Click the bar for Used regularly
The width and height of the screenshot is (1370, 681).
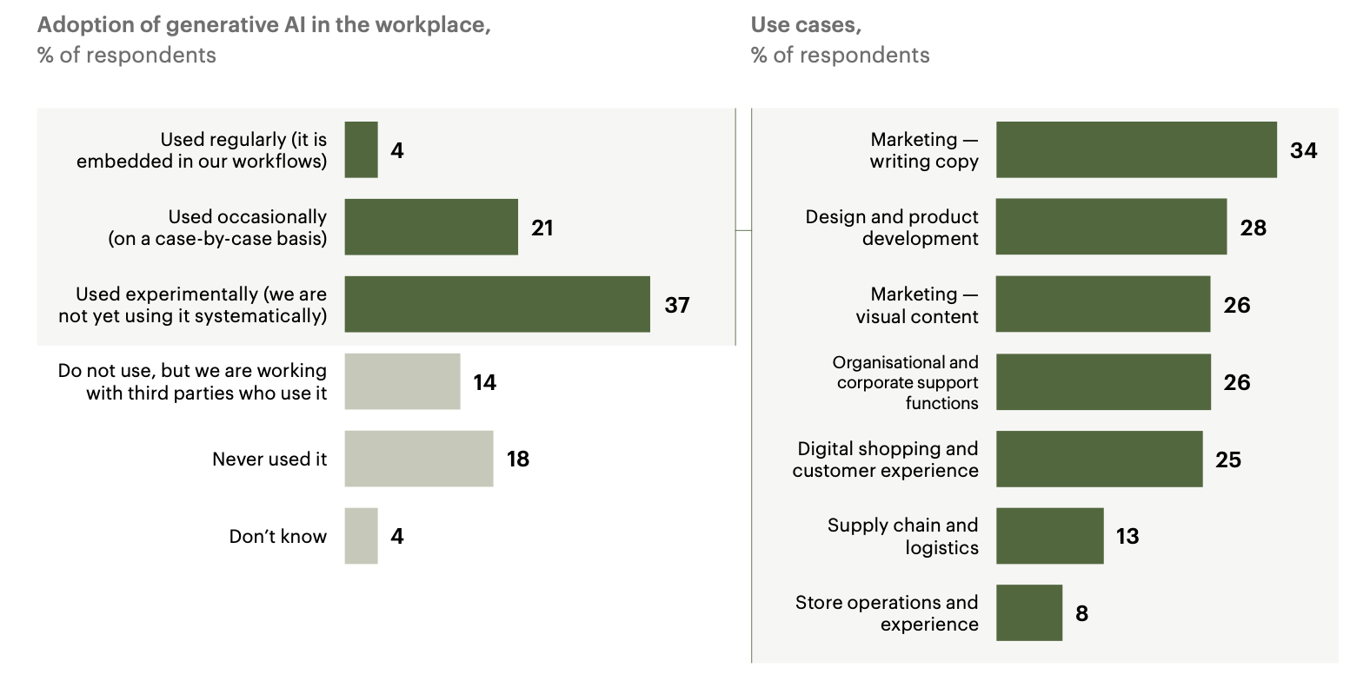(x=361, y=149)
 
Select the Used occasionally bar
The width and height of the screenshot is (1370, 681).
(x=430, y=227)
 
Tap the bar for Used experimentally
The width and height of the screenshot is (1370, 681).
(x=496, y=304)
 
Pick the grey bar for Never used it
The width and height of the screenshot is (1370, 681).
(x=418, y=459)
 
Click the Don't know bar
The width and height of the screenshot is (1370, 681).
(x=361, y=536)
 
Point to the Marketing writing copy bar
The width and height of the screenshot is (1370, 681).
(x=1135, y=149)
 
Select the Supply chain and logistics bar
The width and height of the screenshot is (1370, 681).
(x=1049, y=536)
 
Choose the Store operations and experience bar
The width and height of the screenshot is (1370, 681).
(x=1028, y=613)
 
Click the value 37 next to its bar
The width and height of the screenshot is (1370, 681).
(x=677, y=305)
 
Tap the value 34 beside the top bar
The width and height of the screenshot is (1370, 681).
(x=1303, y=150)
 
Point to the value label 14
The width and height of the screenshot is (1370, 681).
(x=484, y=382)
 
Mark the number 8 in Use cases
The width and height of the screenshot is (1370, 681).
(x=1081, y=613)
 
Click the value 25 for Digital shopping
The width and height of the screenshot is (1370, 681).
(x=1227, y=460)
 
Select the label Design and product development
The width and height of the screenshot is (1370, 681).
(x=892, y=228)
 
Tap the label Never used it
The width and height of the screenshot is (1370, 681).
(x=269, y=459)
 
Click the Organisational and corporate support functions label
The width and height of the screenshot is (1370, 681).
(x=906, y=382)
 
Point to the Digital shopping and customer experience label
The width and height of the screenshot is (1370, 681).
(x=885, y=460)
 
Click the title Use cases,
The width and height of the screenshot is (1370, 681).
(x=806, y=25)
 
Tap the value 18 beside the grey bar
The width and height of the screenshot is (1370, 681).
(x=518, y=459)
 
